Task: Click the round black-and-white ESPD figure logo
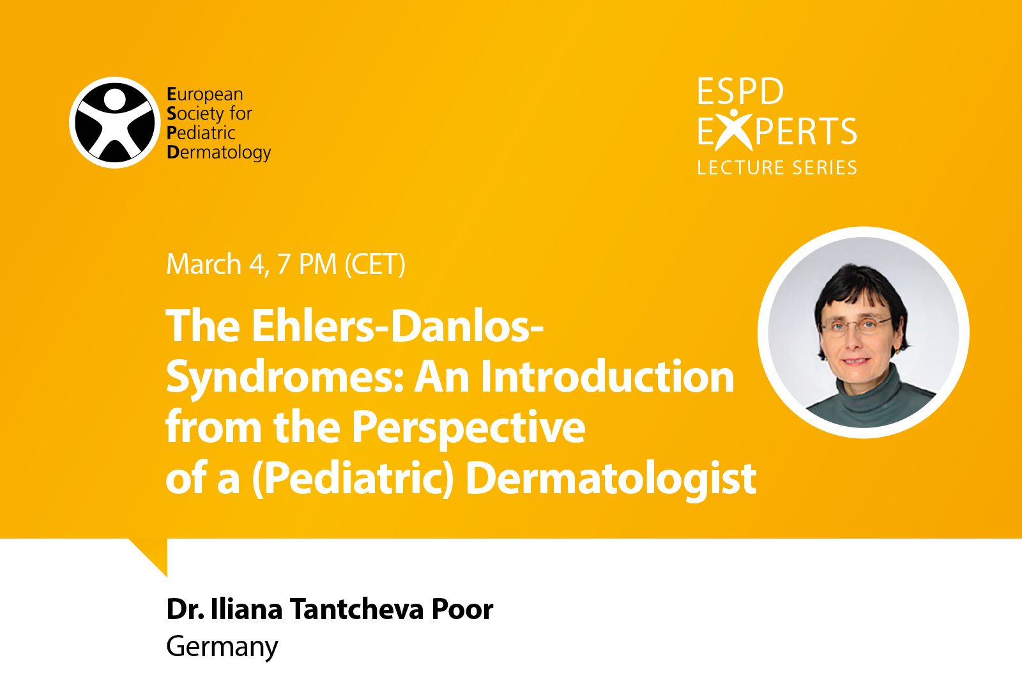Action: pyautogui.click(x=115, y=122)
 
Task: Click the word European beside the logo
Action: pyautogui.click(x=205, y=95)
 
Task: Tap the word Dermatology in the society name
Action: pyautogui.click(x=218, y=153)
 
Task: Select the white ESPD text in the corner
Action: pyautogui.click(x=740, y=91)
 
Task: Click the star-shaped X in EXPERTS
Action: pyautogui.click(x=734, y=130)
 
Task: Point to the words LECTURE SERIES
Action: pyautogui.click(x=777, y=168)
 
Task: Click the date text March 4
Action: pyautogui.click(x=216, y=264)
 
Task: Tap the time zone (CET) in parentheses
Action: pyautogui.click(x=375, y=264)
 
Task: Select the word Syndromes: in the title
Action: pyautogui.click(x=285, y=378)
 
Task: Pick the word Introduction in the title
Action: pyautogui.click(x=607, y=376)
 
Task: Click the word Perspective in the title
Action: pyautogui.click(x=469, y=428)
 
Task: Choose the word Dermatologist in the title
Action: pyautogui.click(x=611, y=479)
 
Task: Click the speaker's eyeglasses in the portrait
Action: pyautogui.click(x=856, y=325)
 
